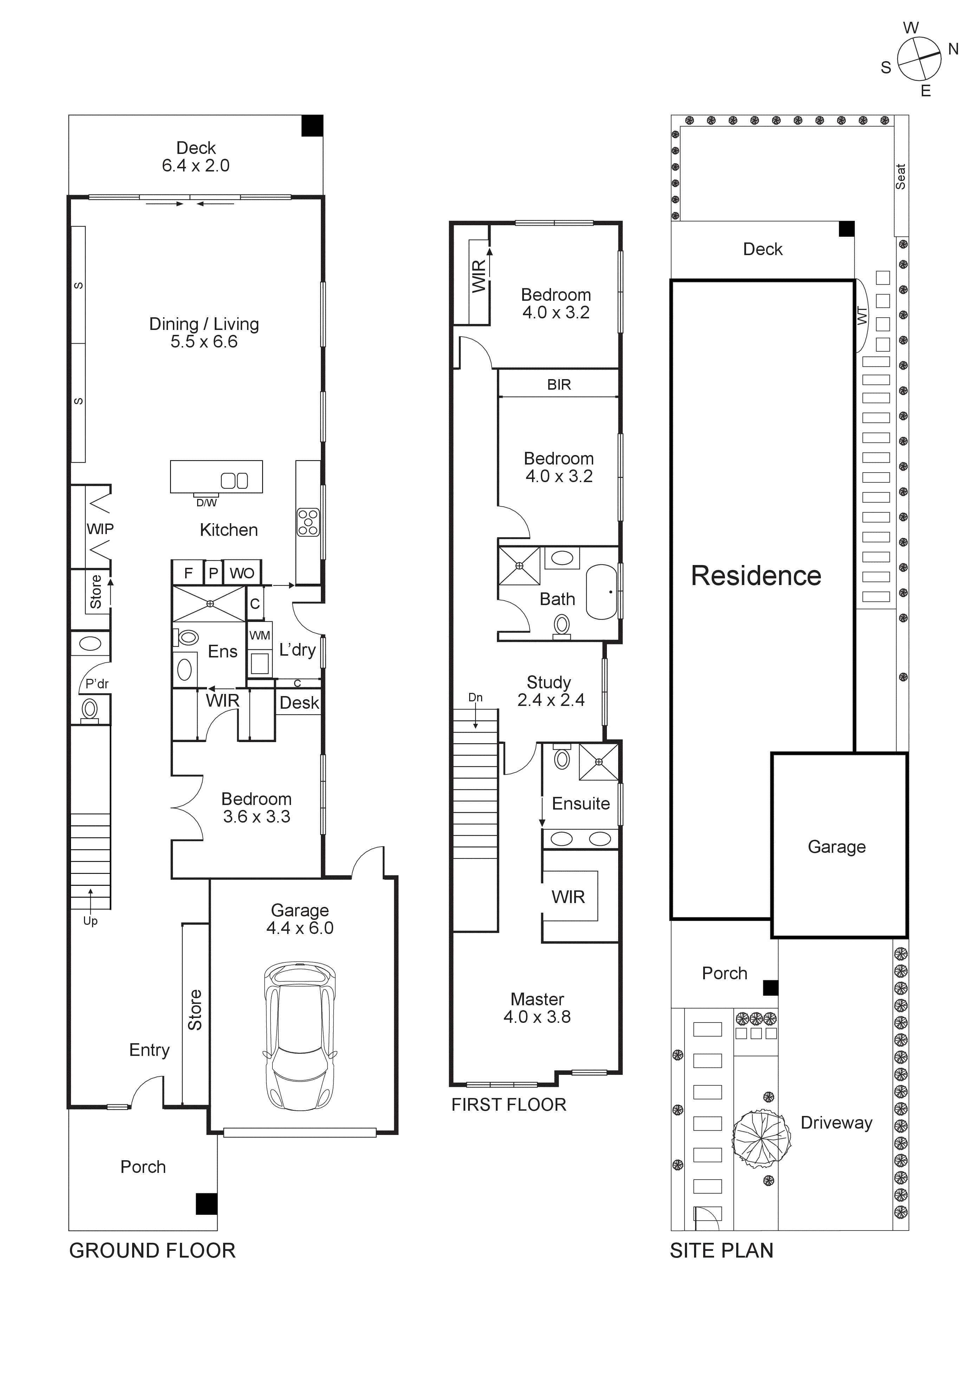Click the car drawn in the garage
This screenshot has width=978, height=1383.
(299, 1036)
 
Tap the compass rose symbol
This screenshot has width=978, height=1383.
(919, 59)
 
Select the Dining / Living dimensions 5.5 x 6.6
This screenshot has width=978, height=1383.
(204, 342)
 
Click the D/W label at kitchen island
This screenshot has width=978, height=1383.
(206, 502)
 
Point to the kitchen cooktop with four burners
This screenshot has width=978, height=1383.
(308, 522)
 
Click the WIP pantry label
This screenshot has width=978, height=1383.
(100, 529)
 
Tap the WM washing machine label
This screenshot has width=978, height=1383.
(260, 636)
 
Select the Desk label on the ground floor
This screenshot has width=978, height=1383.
(299, 703)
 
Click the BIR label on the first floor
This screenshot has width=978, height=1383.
(559, 385)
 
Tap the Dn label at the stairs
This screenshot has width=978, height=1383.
(475, 697)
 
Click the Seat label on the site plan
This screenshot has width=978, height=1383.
(900, 176)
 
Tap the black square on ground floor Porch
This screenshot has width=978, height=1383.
(206, 1203)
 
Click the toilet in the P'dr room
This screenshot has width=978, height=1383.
(90, 709)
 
